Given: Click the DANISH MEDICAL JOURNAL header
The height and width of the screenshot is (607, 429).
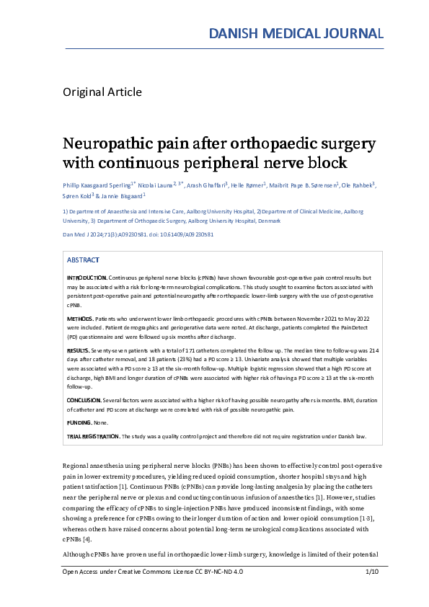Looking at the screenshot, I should point(296,32).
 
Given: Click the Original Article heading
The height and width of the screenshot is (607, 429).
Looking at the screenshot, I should point(102,92).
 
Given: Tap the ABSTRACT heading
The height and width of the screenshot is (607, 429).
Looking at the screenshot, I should point(83,260).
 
